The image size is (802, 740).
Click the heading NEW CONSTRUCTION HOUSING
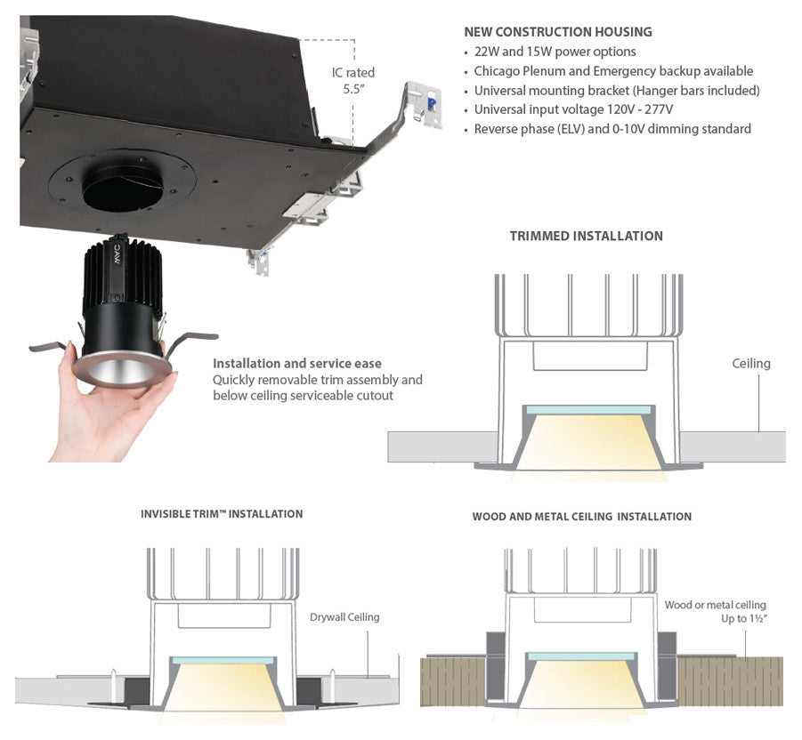557,32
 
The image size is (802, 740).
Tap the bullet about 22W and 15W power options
555,52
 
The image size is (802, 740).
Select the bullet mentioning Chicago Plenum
613,71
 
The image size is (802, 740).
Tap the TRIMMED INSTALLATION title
586,237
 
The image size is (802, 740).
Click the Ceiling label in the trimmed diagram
751,363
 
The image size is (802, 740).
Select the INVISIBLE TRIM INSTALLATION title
222,514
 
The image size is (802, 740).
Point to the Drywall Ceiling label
344,617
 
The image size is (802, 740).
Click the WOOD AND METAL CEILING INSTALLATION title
581,517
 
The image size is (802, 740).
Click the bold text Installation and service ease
297,364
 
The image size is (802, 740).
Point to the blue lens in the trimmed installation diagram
587,411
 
